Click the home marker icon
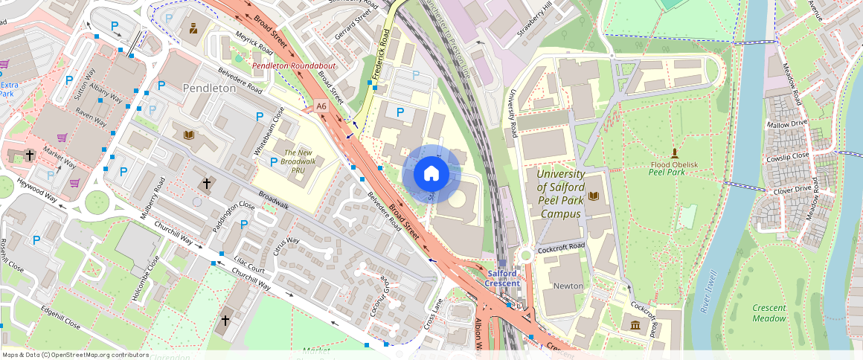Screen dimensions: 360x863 coord(431,174)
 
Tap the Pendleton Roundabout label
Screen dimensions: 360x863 coord(294,66)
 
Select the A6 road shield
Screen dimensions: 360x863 coord(321,107)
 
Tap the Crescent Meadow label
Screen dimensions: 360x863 coord(769,313)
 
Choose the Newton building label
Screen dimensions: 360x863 coord(568,286)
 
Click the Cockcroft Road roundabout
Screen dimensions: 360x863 coord(526,255)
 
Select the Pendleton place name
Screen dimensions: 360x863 coord(209,88)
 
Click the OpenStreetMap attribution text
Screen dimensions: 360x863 coord(75,355)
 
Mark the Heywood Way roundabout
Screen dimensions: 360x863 coord(97,201)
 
